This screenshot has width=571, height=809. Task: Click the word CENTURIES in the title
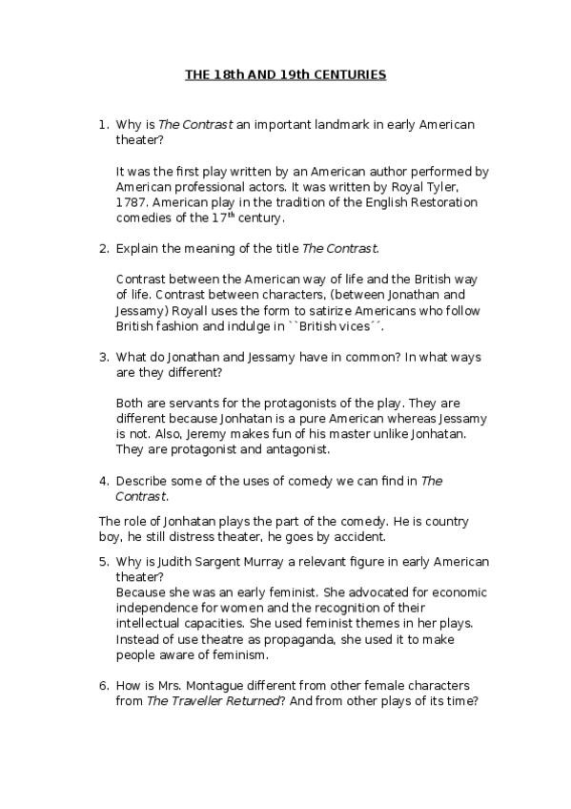point(351,75)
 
